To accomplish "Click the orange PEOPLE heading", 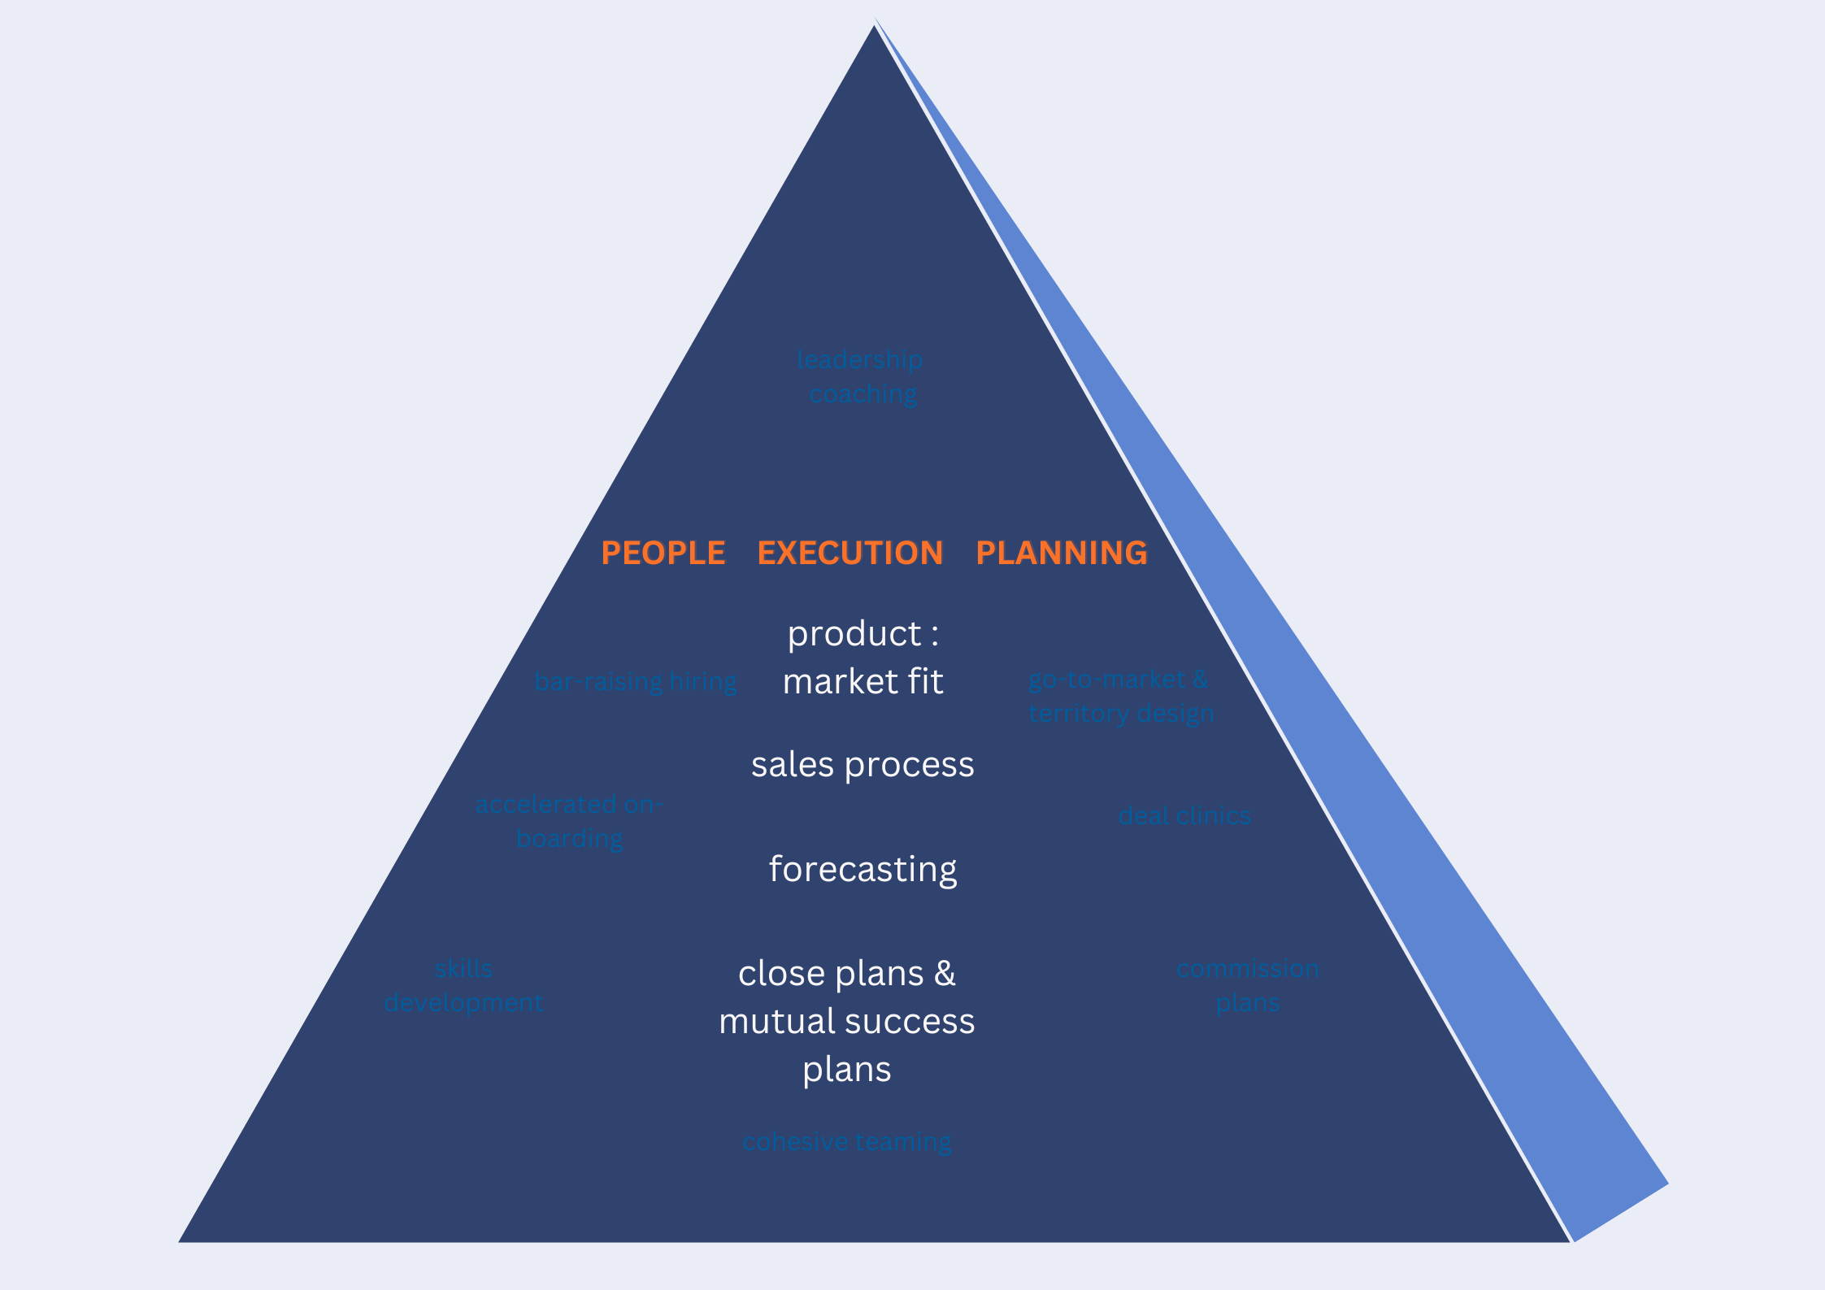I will click(x=663, y=553).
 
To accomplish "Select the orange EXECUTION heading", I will click(x=850, y=553).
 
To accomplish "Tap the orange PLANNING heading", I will click(x=1061, y=553).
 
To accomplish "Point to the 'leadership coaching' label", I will click(x=861, y=376).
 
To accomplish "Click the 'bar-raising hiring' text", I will click(x=635, y=681).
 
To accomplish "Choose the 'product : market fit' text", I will click(x=863, y=657).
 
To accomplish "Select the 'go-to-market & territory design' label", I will click(x=1120, y=696).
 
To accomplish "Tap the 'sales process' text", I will click(x=863, y=765).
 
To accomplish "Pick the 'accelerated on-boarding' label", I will click(x=569, y=821).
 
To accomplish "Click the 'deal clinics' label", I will click(x=1184, y=815).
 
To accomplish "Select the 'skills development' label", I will click(x=463, y=985).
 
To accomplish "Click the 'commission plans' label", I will click(x=1248, y=985).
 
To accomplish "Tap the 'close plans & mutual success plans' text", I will click(x=847, y=1021).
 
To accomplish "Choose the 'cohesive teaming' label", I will click(x=847, y=1142).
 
